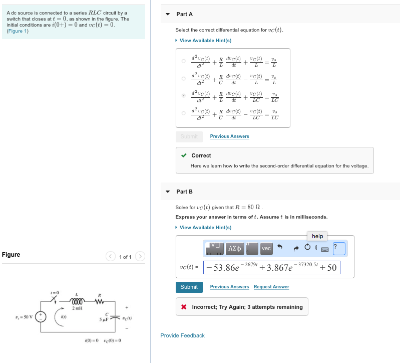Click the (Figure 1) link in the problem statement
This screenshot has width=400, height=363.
point(18,31)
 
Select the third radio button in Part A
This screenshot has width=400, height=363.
point(184,95)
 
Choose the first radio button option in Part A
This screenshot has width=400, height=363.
point(184,61)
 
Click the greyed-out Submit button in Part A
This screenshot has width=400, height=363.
point(189,136)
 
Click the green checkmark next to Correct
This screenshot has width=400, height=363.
point(184,155)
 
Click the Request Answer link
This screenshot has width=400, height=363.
point(271,287)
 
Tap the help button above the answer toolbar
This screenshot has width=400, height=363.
point(317,236)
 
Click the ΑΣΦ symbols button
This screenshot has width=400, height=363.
point(235,248)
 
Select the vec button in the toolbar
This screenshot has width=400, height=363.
point(266,248)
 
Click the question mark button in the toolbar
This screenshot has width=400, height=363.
point(339,248)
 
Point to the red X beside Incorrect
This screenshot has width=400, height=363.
point(184,307)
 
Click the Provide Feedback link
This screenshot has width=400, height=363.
point(182,335)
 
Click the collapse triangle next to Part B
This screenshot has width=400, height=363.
point(168,192)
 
